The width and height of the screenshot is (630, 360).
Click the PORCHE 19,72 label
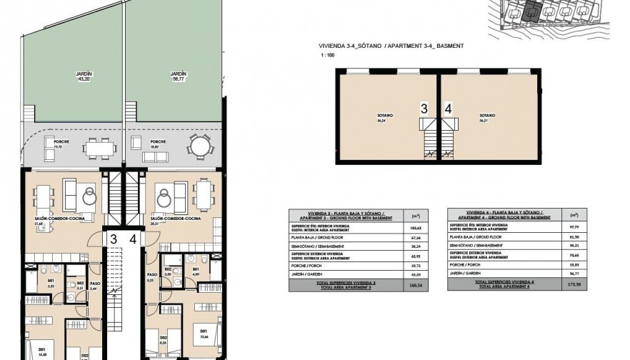pyautogui.click(x=61, y=143)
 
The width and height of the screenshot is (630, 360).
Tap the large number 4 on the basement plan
pyautogui.click(x=448, y=109)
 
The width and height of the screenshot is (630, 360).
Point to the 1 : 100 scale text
pyautogui.click(x=326, y=54)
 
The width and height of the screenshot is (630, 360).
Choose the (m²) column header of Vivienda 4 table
pyautogui.click(x=573, y=214)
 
